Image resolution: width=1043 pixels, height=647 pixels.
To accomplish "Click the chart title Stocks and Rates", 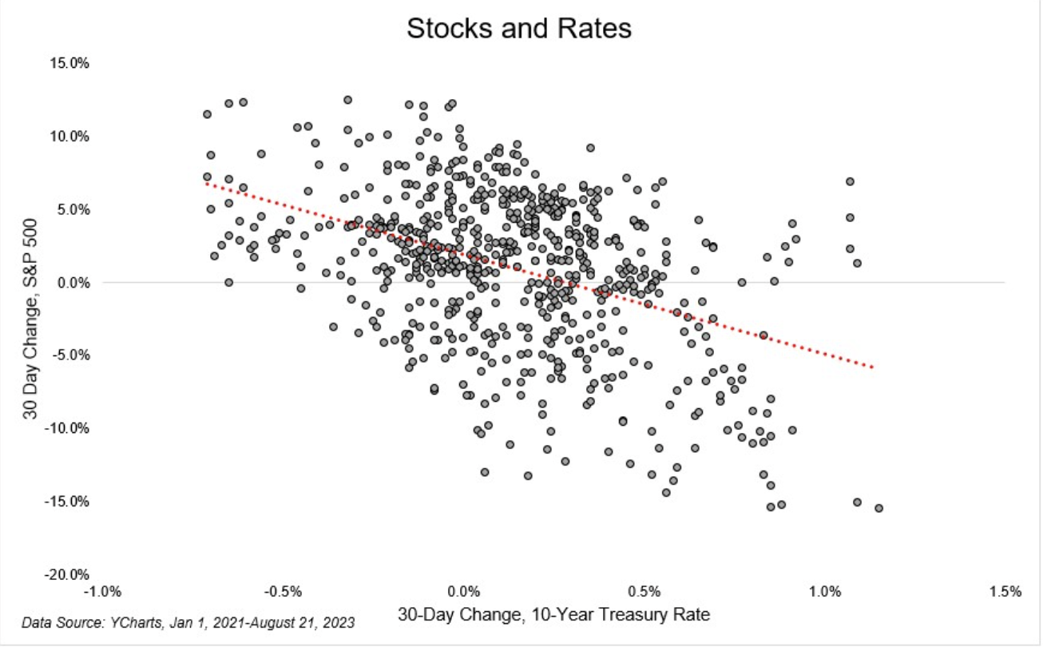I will click(x=519, y=29).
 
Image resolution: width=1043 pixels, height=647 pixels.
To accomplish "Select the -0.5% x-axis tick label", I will click(x=283, y=592).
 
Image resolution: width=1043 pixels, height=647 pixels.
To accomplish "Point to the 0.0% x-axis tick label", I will click(x=464, y=592).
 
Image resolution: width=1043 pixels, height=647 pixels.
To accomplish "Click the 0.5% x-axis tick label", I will click(x=644, y=592).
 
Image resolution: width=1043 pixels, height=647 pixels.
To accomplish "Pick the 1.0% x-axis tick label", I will click(x=825, y=592).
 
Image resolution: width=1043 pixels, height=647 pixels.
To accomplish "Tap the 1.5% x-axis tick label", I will click(x=1005, y=592).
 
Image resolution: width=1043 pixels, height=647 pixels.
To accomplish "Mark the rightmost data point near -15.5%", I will click(x=878, y=508).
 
